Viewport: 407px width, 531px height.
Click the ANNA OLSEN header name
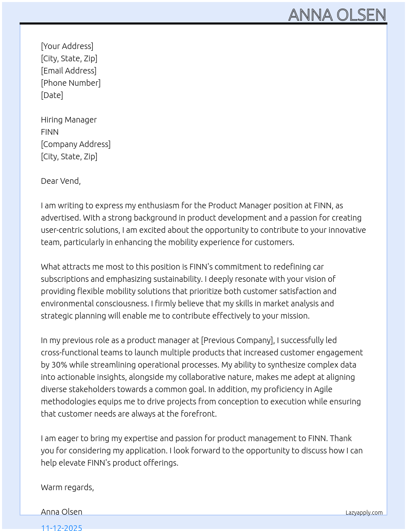click(337, 15)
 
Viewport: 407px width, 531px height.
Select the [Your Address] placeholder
click(67, 46)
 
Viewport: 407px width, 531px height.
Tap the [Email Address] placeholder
click(69, 71)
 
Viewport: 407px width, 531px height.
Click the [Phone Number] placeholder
click(71, 83)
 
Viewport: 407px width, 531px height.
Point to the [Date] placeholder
click(52, 95)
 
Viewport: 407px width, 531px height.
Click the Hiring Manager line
click(69, 120)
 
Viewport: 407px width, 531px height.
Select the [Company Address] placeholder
click(76, 144)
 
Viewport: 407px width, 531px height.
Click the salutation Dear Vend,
click(60, 181)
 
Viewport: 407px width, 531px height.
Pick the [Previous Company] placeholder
click(237, 340)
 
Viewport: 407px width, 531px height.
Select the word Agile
click(323, 389)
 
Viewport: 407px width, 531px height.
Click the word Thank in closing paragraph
click(340, 438)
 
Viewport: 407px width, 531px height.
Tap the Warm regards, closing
click(67, 487)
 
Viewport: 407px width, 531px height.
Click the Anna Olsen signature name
click(61, 512)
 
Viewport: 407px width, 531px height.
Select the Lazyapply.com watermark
click(364, 513)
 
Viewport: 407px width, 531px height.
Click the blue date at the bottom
click(61, 527)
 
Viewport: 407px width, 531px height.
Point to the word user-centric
click(62, 230)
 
